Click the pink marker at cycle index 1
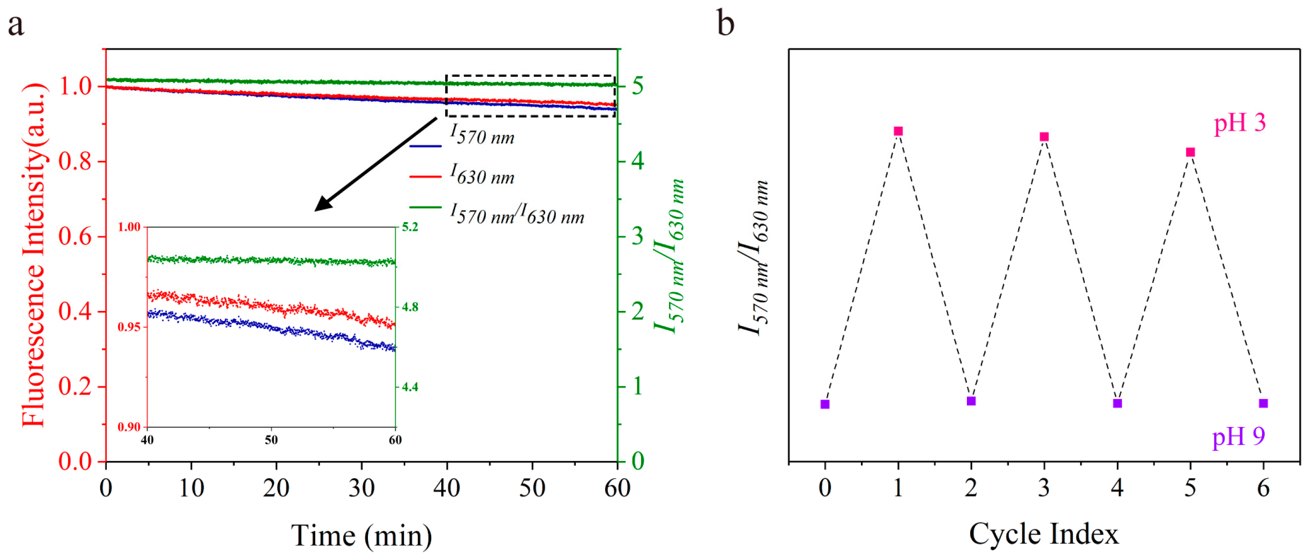[x=898, y=131]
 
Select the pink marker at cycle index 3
[x=1044, y=137]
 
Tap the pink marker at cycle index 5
[x=1190, y=152]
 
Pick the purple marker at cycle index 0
[x=825, y=404]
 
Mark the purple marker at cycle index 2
[x=971, y=401]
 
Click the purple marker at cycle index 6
[x=1263, y=403]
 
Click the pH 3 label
[x=1239, y=123]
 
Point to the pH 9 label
[x=1239, y=437]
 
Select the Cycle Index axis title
[x=1044, y=533]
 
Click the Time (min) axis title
[x=361, y=536]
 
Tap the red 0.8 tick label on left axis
[x=75, y=162]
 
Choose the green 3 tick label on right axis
[x=638, y=237]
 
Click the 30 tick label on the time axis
[x=361, y=488]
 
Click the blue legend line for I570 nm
[x=425, y=146]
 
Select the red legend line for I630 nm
[x=425, y=177]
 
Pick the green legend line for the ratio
[x=425, y=207]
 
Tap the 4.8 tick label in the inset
[x=410, y=307]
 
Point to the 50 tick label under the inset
[x=271, y=440]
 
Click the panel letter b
[x=725, y=24]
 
